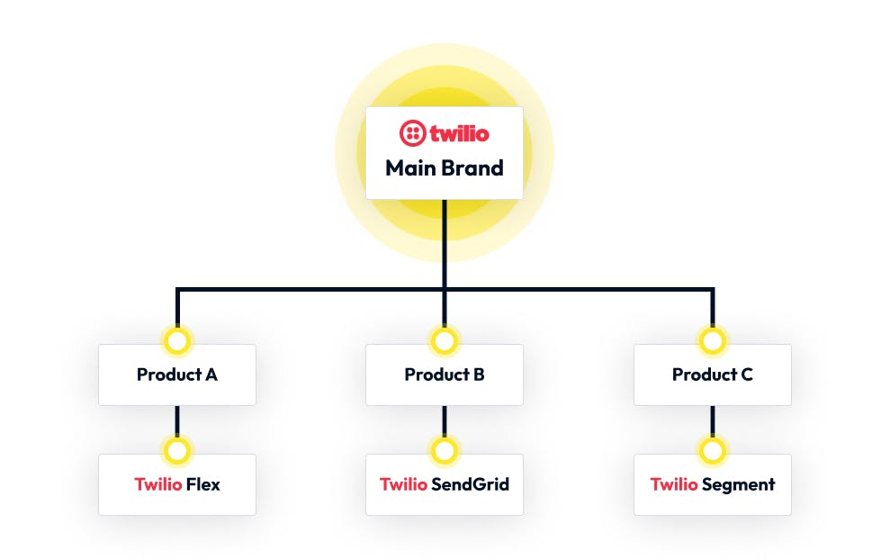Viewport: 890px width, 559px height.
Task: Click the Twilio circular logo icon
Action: (x=411, y=134)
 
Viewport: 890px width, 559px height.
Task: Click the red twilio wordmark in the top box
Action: (x=459, y=134)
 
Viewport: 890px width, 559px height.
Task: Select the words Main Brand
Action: (x=445, y=167)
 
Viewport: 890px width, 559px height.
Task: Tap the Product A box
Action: (x=177, y=374)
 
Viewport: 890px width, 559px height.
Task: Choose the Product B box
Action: (x=445, y=374)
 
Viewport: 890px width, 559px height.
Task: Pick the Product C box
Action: (x=713, y=374)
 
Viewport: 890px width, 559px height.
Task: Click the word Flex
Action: (x=203, y=484)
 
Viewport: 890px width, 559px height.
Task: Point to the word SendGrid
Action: (x=470, y=484)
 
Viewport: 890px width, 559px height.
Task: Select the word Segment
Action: (x=739, y=484)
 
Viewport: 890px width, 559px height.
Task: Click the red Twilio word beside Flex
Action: (x=158, y=484)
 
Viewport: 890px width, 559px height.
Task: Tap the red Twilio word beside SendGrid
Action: (x=403, y=484)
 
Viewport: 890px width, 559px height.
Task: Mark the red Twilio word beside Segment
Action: (x=674, y=484)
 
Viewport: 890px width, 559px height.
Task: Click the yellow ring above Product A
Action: (x=177, y=341)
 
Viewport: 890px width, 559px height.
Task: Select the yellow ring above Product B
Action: (x=445, y=341)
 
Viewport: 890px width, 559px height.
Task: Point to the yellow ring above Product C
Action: (x=712, y=341)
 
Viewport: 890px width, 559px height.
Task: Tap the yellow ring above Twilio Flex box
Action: (x=177, y=450)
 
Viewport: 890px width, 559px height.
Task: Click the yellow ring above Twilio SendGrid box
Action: (x=445, y=450)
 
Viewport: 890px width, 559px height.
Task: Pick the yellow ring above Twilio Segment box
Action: (x=712, y=450)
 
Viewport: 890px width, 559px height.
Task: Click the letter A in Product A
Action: (x=211, y=374)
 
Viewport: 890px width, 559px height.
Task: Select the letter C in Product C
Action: (x=746, y=374)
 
